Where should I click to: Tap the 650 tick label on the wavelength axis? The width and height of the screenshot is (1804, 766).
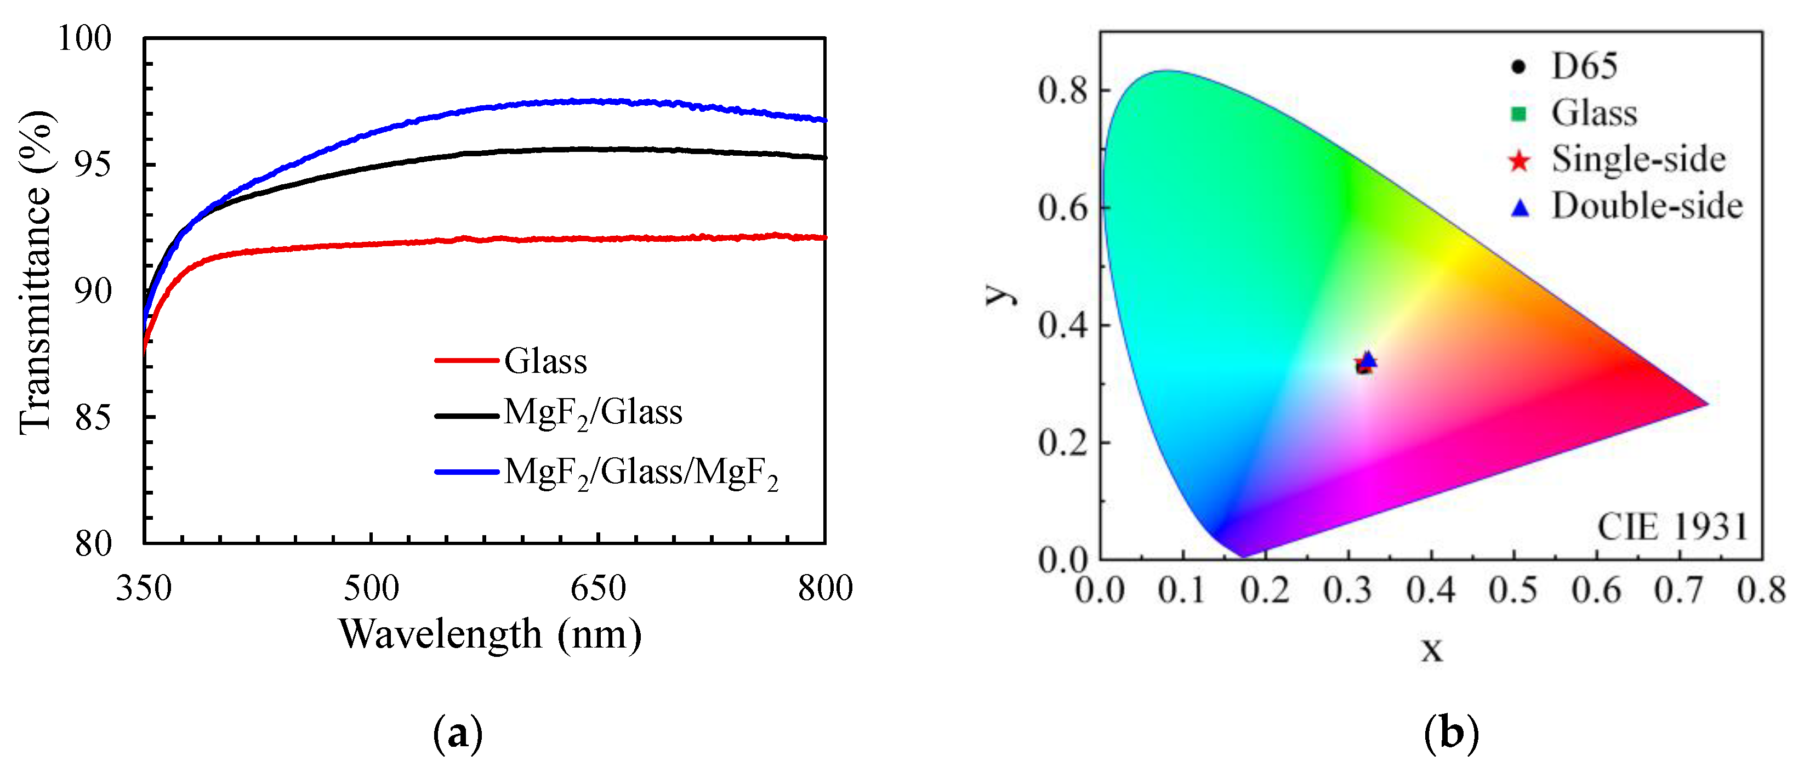[597, 587]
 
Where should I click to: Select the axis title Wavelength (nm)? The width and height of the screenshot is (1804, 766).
[490, 634]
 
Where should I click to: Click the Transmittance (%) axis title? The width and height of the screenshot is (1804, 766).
[35, 273]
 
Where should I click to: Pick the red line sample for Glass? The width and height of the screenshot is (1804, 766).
[466, 360]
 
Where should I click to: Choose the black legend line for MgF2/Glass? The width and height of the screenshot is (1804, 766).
[466, 416]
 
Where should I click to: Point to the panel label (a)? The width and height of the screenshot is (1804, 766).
[458, 734]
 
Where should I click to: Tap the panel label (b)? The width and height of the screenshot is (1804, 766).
[1451, 734]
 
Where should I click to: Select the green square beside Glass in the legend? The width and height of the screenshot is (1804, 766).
[1517, 114]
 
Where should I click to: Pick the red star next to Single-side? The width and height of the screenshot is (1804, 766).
[1518, 161]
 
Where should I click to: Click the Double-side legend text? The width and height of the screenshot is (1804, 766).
[1647, 206]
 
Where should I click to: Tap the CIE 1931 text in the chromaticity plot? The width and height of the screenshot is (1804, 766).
[1672, 526]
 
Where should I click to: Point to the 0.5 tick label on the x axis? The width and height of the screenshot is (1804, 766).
[1513, 589]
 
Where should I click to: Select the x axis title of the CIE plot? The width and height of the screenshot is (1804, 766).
[1431, 649]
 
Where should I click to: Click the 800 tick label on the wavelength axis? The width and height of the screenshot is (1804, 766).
[825, 587]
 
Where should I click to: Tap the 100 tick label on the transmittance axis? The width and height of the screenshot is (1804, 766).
[84, 38]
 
